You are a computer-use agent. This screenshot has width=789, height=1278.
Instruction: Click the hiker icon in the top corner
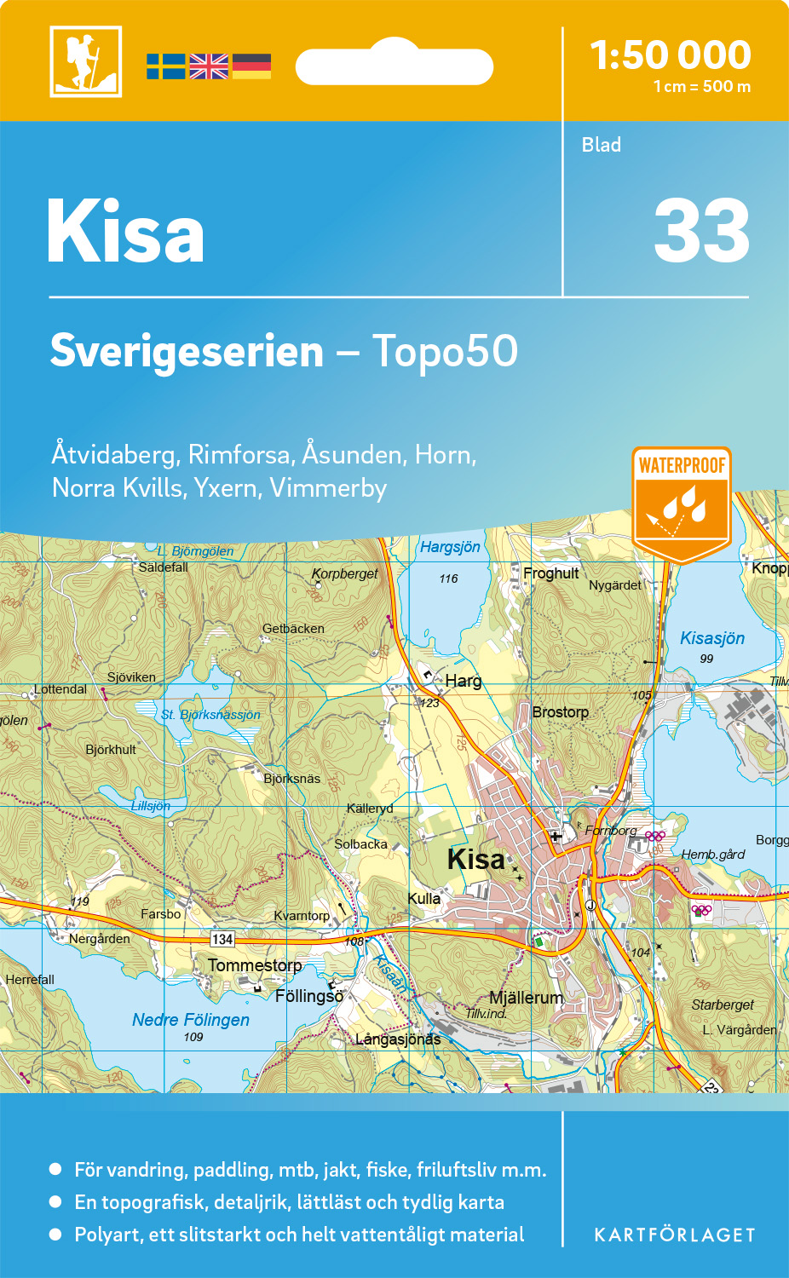point(85,61)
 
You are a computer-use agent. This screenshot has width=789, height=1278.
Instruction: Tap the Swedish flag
point(165,66)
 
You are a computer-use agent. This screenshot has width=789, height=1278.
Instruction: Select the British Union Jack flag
point(209,66)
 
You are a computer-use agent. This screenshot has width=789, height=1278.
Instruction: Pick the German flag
point(251,66)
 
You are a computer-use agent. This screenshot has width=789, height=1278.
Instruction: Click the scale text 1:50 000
point(671,55)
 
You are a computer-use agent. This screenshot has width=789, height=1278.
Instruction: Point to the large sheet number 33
point(701,232)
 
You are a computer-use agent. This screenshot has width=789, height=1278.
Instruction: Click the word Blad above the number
point(601,145)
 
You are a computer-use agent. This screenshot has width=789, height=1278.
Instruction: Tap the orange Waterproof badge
point(682,503)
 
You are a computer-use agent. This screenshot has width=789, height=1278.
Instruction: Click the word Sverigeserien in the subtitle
point(187,351)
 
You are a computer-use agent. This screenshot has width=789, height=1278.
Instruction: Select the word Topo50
point(444,351)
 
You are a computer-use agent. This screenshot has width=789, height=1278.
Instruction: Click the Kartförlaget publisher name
point(674,1235)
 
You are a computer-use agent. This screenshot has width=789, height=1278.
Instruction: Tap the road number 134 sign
point(222,939)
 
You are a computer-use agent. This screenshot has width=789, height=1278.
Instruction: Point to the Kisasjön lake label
point(712,638)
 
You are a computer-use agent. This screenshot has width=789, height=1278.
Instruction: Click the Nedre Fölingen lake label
point(191,1020)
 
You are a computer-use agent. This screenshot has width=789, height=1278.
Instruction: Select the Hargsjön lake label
point(450,547)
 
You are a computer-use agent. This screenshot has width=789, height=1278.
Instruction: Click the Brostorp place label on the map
point(560,712)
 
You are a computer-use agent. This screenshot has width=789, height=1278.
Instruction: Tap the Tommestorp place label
point(255,965)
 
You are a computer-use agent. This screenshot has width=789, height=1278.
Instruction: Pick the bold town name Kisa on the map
point(475,859)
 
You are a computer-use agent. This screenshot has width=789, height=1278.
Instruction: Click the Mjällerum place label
point(526,998)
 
